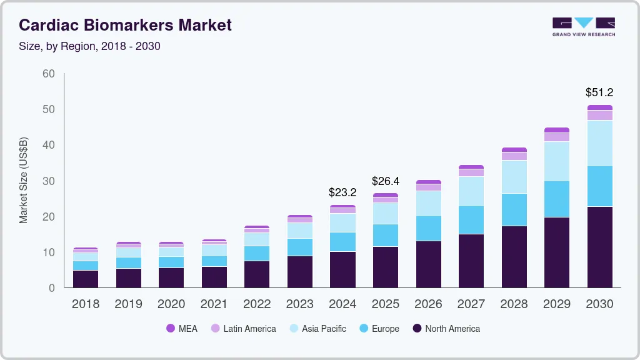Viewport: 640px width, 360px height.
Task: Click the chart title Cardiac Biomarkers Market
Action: pos(125,25)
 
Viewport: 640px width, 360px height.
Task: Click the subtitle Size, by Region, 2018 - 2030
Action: pos(89,46)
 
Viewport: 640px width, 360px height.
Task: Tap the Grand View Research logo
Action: pos(583,26)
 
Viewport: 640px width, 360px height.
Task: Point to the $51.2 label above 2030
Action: pos(599,92)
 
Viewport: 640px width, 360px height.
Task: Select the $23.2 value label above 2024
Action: pos(342,192)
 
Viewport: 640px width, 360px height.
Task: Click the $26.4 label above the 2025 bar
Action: pos(386,181)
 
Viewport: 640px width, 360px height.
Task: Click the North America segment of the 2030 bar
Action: pos(599,247)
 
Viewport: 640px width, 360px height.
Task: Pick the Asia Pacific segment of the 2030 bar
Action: pos(599,142)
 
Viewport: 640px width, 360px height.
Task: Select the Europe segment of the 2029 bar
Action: pos(557,199)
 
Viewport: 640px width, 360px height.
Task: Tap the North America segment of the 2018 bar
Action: pos(86,279)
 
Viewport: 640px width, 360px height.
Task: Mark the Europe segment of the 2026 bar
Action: pos(428,228)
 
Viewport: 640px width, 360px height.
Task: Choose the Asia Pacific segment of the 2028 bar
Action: pos(514,177)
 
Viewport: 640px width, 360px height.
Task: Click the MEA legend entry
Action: pos(182,328)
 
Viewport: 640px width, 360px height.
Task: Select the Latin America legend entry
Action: pos(243,328)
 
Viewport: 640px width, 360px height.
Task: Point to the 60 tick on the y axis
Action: pos(48,74)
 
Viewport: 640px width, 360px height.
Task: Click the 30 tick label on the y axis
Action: pos(48,181)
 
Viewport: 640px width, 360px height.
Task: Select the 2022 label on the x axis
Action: pos(257,304)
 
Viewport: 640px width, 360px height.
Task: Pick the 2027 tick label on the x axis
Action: pos(471,304)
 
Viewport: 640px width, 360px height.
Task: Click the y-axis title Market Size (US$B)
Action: pos(24,181)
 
